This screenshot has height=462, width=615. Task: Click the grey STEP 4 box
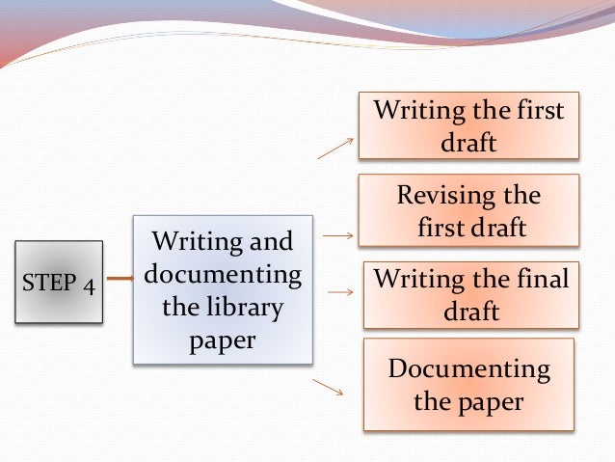(60, 282)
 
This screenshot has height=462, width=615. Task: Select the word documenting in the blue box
(223, 274)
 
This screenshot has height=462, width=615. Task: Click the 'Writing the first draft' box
(468, 125)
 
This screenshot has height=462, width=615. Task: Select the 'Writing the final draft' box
(470, 295)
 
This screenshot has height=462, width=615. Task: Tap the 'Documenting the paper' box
(468, 384)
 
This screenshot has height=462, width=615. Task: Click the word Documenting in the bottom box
(468, 368)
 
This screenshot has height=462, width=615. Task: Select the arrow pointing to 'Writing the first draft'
(335, 146)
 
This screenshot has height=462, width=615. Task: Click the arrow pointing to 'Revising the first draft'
(337, 234)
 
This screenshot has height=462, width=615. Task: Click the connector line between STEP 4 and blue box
(118, 280)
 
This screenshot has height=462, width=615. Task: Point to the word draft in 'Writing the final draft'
(470, 312)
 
